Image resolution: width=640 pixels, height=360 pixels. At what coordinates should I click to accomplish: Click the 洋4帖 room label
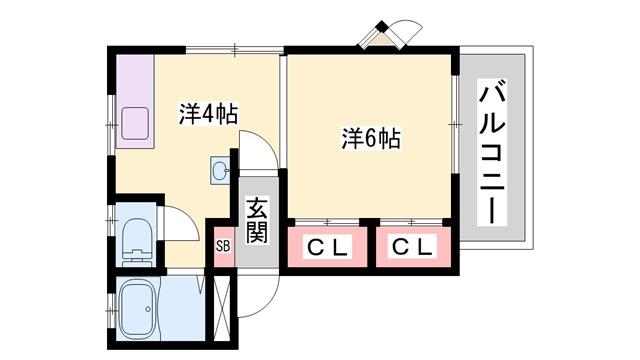pyautogui.click(x=209, y=113)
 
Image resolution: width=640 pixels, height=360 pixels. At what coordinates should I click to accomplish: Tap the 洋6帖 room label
pyautogui.click(x=371, y=139)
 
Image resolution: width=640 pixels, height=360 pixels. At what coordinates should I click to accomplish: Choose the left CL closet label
pyautogui.click(x=327, y=247)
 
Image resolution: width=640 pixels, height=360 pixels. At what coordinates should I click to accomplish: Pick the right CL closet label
pyautogui.click(x=410, y=247)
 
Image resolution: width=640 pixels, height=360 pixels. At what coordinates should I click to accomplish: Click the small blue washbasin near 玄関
pyautogui.click(x=220, y=171)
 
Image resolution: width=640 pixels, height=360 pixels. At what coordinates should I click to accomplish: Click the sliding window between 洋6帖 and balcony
pyautogui.click(x=455, y=125)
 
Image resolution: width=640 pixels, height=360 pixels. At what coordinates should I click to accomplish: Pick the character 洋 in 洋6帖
pyautogui.click(x=351, y=139)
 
